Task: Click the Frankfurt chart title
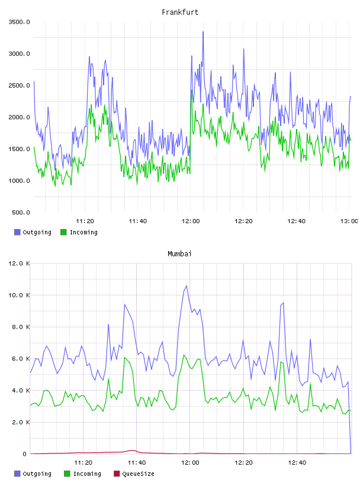tap(180, 12)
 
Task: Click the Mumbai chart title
tap(179, 253)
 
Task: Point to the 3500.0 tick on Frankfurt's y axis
tap(20, 22)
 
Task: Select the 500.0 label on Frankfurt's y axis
tap(21, 212)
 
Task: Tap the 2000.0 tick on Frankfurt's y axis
tap(20, 117)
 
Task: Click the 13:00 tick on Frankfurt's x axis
tap(349, 221)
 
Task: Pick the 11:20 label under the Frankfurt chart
tap(85, 221)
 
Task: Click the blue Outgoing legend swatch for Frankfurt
tap(17, 232)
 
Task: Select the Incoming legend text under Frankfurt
tap(83, 232)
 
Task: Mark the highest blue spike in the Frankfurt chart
tap(203, 32)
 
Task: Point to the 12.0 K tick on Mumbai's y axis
tap(19, 263)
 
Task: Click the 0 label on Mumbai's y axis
tap(25, 454)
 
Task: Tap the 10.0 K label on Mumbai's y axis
tap(19, 295)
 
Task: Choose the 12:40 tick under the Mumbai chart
tap(297, 463)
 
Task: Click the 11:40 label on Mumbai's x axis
tap(137, 463)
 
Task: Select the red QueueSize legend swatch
tap(117, 474)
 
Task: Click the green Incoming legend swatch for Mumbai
tap(67, 474)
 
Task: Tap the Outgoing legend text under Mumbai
tap(37, 474)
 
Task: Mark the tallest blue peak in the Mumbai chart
tap(187, 286)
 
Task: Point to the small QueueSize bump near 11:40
tap(133, 450)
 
